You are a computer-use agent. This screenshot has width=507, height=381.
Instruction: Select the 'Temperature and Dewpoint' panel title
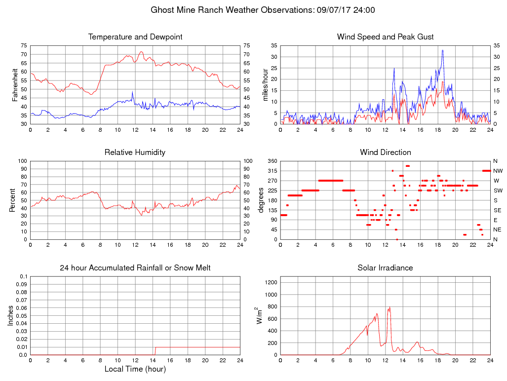[x=135, y=37]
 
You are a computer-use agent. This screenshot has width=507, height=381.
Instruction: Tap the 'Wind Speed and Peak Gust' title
[x=385, y=37]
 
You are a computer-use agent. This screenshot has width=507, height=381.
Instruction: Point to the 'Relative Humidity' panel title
[x=135, y=152]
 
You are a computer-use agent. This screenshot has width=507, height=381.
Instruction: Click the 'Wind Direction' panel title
[x=385, y=152]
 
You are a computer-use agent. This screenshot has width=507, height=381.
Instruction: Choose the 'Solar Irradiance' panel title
[x=385, y=268]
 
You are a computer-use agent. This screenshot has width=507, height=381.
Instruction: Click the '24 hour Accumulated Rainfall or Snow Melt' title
[x=135, y=268]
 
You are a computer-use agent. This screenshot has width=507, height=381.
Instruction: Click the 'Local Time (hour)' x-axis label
[x=135, y=369]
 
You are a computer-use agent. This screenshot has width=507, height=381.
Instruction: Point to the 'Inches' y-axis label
[x=11, y=316]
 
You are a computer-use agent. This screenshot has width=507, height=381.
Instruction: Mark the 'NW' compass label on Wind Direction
[x=498, y=171]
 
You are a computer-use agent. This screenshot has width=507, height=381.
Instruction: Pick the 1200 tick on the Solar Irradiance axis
[x=271, y=282]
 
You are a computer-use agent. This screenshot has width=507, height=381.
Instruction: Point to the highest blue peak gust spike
[x=442, y=50]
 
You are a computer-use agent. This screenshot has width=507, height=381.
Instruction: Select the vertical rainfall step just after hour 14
[x=156, y=350]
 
